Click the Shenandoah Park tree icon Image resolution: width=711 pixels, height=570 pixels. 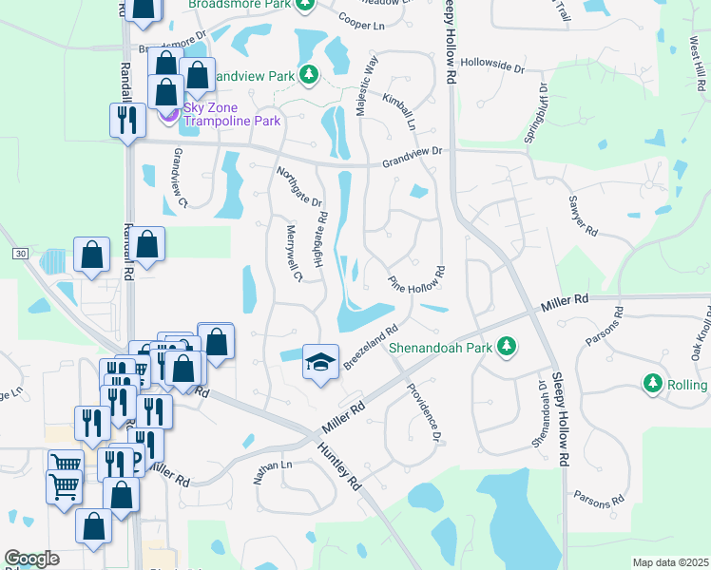(509, 345)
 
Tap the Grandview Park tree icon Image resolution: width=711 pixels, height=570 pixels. (308, 73)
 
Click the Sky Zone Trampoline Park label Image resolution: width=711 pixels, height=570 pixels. (232, 114)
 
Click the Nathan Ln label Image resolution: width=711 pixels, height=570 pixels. (273, 470)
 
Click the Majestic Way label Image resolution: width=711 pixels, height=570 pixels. (367, 86)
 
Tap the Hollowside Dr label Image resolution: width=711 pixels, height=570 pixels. (493, 67)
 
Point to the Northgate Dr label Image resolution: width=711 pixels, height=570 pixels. (299, 187)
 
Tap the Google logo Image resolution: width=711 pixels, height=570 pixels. (32, 559)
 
